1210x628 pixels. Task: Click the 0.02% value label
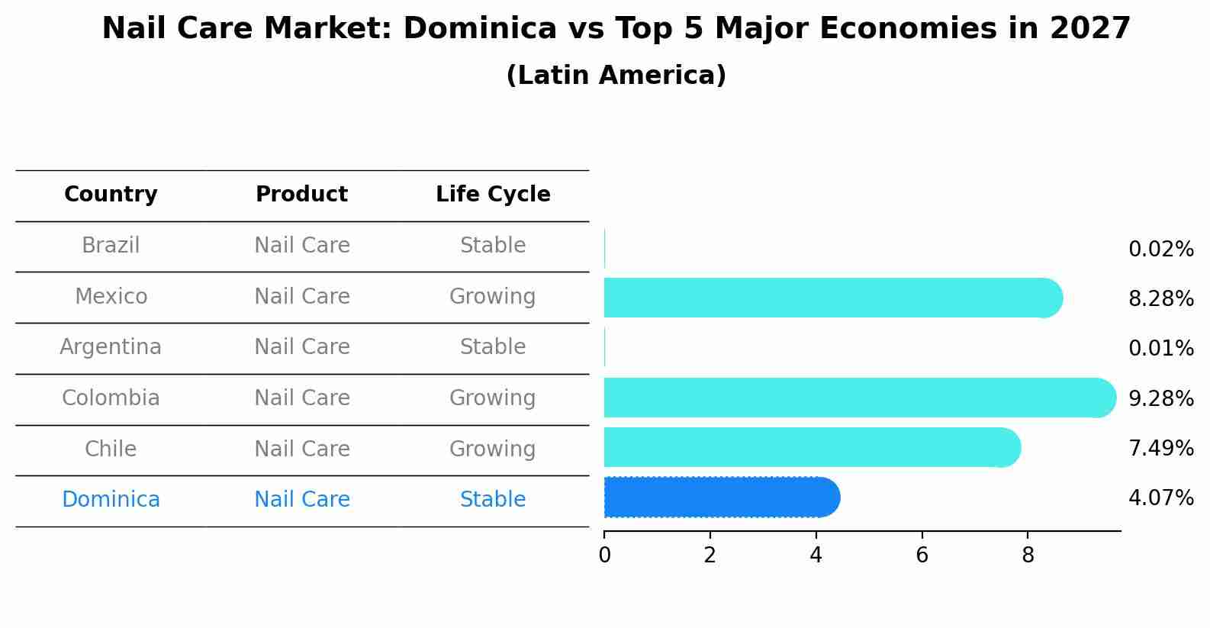1160,250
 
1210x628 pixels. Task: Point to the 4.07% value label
1160,498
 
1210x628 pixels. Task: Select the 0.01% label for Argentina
1160,349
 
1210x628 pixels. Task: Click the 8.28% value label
1160,299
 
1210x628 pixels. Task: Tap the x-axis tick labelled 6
922,556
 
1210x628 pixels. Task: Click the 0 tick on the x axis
604,556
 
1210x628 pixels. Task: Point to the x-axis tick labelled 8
1028,556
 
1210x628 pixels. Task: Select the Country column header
111,195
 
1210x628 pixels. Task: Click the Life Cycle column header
493,195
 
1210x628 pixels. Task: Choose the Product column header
301,195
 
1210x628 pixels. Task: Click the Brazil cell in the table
111,246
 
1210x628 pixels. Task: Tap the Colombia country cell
111,398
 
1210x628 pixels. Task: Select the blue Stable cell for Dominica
493,500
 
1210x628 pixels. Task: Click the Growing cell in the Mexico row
493,296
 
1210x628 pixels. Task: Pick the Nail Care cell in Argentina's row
301,347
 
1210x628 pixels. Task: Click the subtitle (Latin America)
616,76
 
